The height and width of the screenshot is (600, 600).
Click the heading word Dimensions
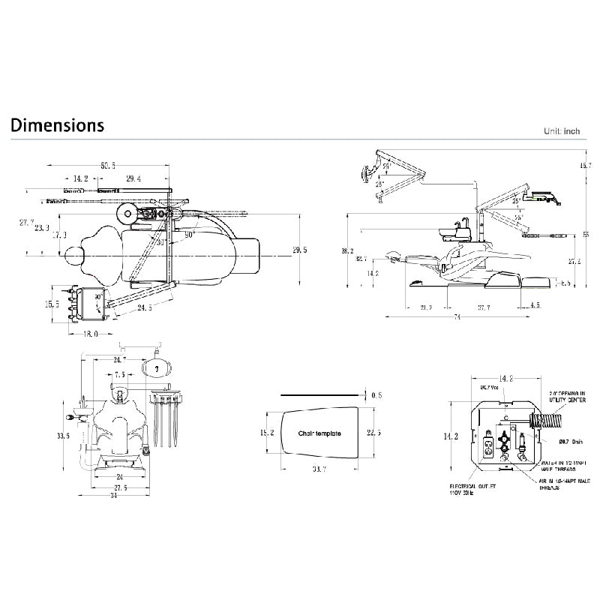[x=58, y=124]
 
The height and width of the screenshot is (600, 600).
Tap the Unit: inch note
[x=562, y=131]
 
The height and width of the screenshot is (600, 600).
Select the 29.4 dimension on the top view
[x=133, y=178]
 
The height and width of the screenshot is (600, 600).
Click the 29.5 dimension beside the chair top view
[x=300, y=250]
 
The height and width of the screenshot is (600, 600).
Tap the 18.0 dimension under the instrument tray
[x=90, y=334]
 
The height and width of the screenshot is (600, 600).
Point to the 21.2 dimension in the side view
[x=426, y=307]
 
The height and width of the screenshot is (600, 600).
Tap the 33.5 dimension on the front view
[x=62, y=435]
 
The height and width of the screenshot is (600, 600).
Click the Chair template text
[x=319, y=433]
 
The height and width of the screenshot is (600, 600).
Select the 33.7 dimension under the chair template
[x=318, y=469]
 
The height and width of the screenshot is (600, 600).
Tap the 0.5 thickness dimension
[x=376, y=394]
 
